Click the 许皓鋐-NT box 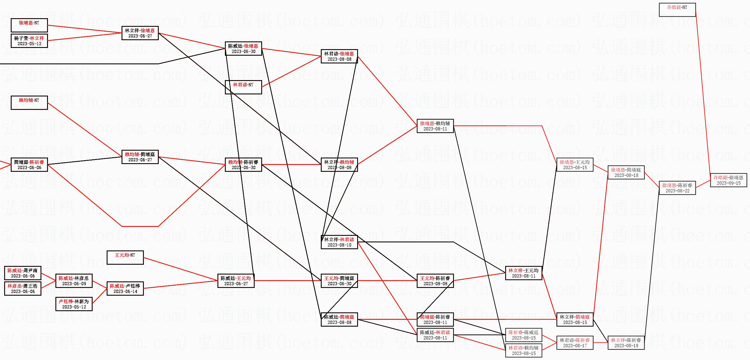677,10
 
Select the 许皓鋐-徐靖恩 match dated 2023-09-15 729,180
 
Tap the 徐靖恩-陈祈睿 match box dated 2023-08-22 677,188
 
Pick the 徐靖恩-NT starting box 29,25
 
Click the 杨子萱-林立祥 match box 29,41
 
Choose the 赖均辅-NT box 29,103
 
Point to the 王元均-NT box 125,258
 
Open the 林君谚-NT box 243,87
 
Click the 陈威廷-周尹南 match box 23,273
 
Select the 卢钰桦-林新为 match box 74,304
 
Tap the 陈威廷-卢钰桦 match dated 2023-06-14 125,289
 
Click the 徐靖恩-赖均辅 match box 435,126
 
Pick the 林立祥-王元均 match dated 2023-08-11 524,273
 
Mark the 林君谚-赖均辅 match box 524,350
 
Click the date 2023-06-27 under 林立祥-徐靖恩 140,36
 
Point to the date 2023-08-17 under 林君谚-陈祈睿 575,346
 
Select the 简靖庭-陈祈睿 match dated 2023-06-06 29,165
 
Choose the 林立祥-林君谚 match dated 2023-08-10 339,242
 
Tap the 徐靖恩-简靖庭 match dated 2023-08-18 626,172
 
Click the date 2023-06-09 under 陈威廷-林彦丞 74,284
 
